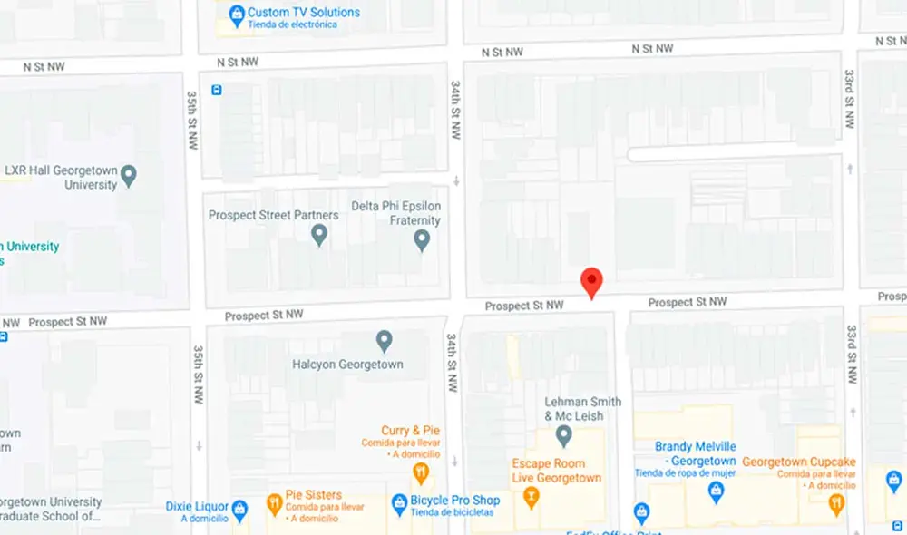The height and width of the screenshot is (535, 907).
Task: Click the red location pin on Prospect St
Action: [591, 282]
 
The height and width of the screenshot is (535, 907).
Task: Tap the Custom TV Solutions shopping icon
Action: [237, 14]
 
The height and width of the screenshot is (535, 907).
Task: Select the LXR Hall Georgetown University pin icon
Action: [129, 174]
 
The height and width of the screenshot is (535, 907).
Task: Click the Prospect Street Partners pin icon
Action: [319, 236]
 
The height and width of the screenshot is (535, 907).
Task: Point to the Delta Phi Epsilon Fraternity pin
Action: [421, 240]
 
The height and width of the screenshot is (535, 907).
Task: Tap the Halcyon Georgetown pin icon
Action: [385, 342]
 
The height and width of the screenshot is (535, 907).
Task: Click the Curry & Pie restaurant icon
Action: [421, 472]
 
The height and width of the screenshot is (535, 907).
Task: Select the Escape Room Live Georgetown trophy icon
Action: [532, 497]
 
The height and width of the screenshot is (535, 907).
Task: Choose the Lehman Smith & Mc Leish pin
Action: [564, 437]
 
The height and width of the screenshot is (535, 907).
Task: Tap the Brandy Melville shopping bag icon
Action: [717, 491]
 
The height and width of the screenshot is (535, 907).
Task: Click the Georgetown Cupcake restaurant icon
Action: [836, 501]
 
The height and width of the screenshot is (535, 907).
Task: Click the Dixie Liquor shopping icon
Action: [239, 508]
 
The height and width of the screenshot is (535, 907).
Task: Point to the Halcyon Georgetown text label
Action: [347, 365]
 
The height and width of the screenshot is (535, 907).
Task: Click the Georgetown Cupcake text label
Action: [799, 462]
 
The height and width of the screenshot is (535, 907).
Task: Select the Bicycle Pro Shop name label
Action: [455, 501]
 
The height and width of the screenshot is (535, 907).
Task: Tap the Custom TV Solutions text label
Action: [305, 13]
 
